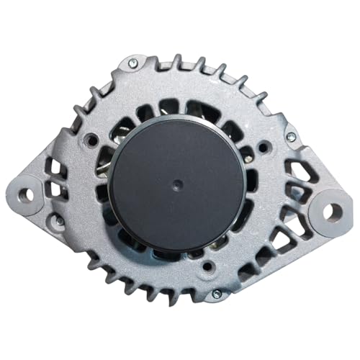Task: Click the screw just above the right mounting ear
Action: (x=291, y=136)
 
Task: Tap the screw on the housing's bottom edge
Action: (x=216, y=294)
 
